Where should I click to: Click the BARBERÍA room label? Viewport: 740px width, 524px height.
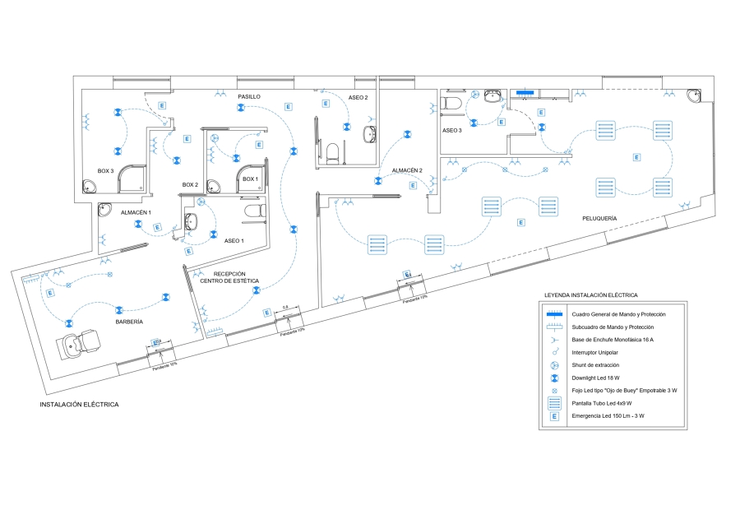(x=129, y=322)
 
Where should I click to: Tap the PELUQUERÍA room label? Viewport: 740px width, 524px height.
(x=599, y=218)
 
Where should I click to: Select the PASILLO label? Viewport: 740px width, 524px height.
(x=249, y=96)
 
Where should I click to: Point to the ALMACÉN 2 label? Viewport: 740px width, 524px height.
(x=407, y=170)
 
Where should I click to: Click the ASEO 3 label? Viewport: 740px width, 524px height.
(x=452, y=130)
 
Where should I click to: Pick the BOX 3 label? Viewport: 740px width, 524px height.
(x=105, y=170)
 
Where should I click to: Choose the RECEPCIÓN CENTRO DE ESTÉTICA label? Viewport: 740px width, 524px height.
(x=229, y=277)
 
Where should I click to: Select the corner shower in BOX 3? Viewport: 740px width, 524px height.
(x=132, y=180)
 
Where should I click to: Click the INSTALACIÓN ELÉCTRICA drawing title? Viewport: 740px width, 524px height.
(x=79, y=405)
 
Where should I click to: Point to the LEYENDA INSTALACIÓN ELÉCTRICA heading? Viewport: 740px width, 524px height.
(x=590, y=294)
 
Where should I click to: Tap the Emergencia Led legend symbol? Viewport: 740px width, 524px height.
(x=555, y=416)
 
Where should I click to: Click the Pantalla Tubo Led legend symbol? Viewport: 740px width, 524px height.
(x=555, y=403)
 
